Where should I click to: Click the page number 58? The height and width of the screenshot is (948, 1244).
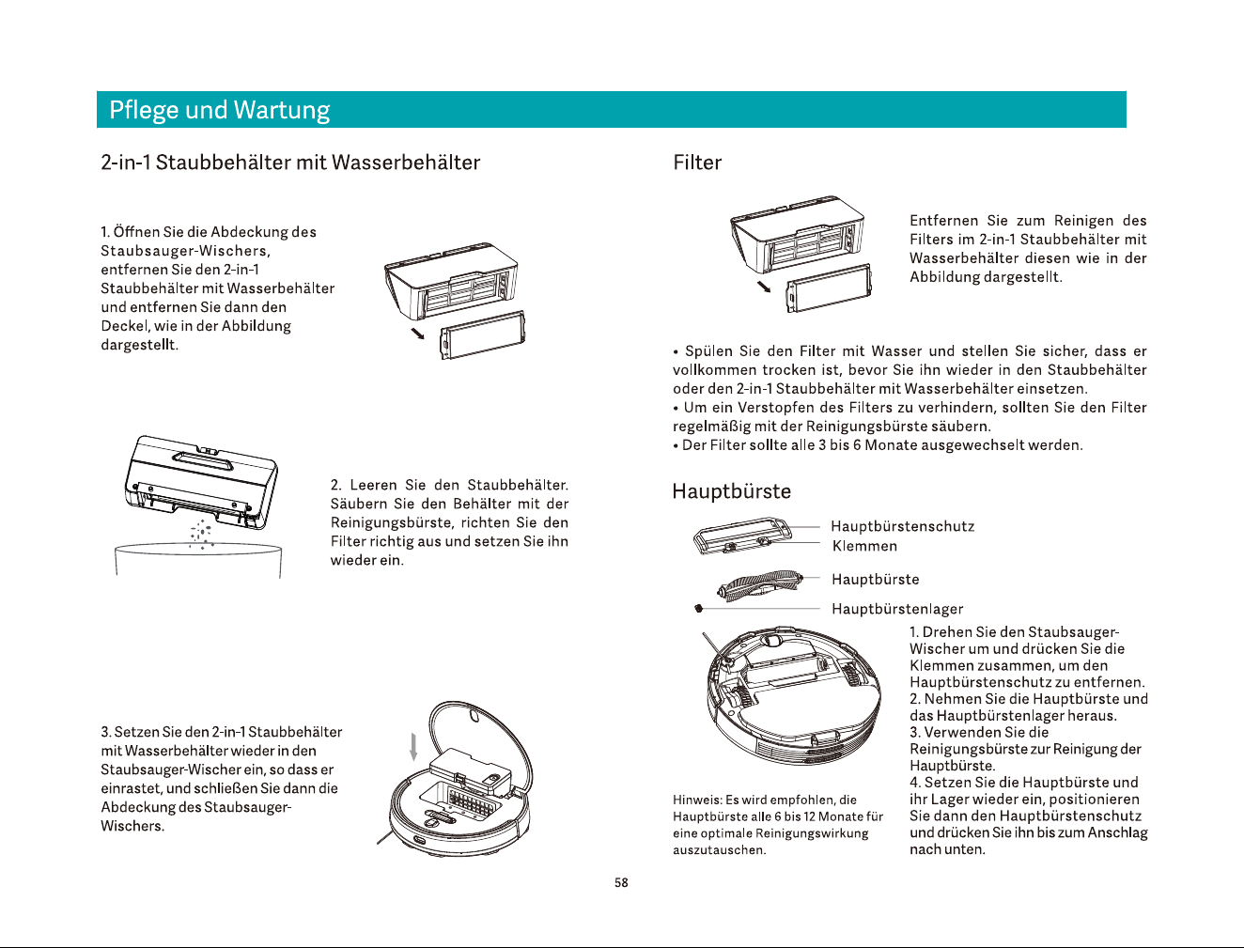[x=621, y=882]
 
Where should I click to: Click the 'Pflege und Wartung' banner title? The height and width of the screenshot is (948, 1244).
[x=219, y=110]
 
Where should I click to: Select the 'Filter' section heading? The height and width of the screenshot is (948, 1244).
[x=697, y=163]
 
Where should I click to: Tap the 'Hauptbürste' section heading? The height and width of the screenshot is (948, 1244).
[x=731, y=490]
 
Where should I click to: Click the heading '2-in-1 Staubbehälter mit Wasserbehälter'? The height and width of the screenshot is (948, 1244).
[x=290, y=163]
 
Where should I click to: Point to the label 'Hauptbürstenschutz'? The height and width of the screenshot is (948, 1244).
[x=902, y=526]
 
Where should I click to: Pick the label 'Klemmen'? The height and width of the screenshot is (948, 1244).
[x=864, y=546]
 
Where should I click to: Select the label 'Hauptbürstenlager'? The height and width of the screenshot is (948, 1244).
[x=897, y=609]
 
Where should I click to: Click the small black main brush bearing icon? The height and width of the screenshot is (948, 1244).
[x=699, y=609]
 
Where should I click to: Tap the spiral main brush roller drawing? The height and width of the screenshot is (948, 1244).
[x=760, y=584]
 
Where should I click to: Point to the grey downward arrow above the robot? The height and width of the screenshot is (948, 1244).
[x=413, y=747]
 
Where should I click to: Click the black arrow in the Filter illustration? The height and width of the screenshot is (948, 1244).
[x=764, y=287]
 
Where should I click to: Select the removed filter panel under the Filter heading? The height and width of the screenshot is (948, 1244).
[x=829, y=288]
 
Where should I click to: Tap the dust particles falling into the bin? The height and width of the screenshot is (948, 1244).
[x=201, y=535]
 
